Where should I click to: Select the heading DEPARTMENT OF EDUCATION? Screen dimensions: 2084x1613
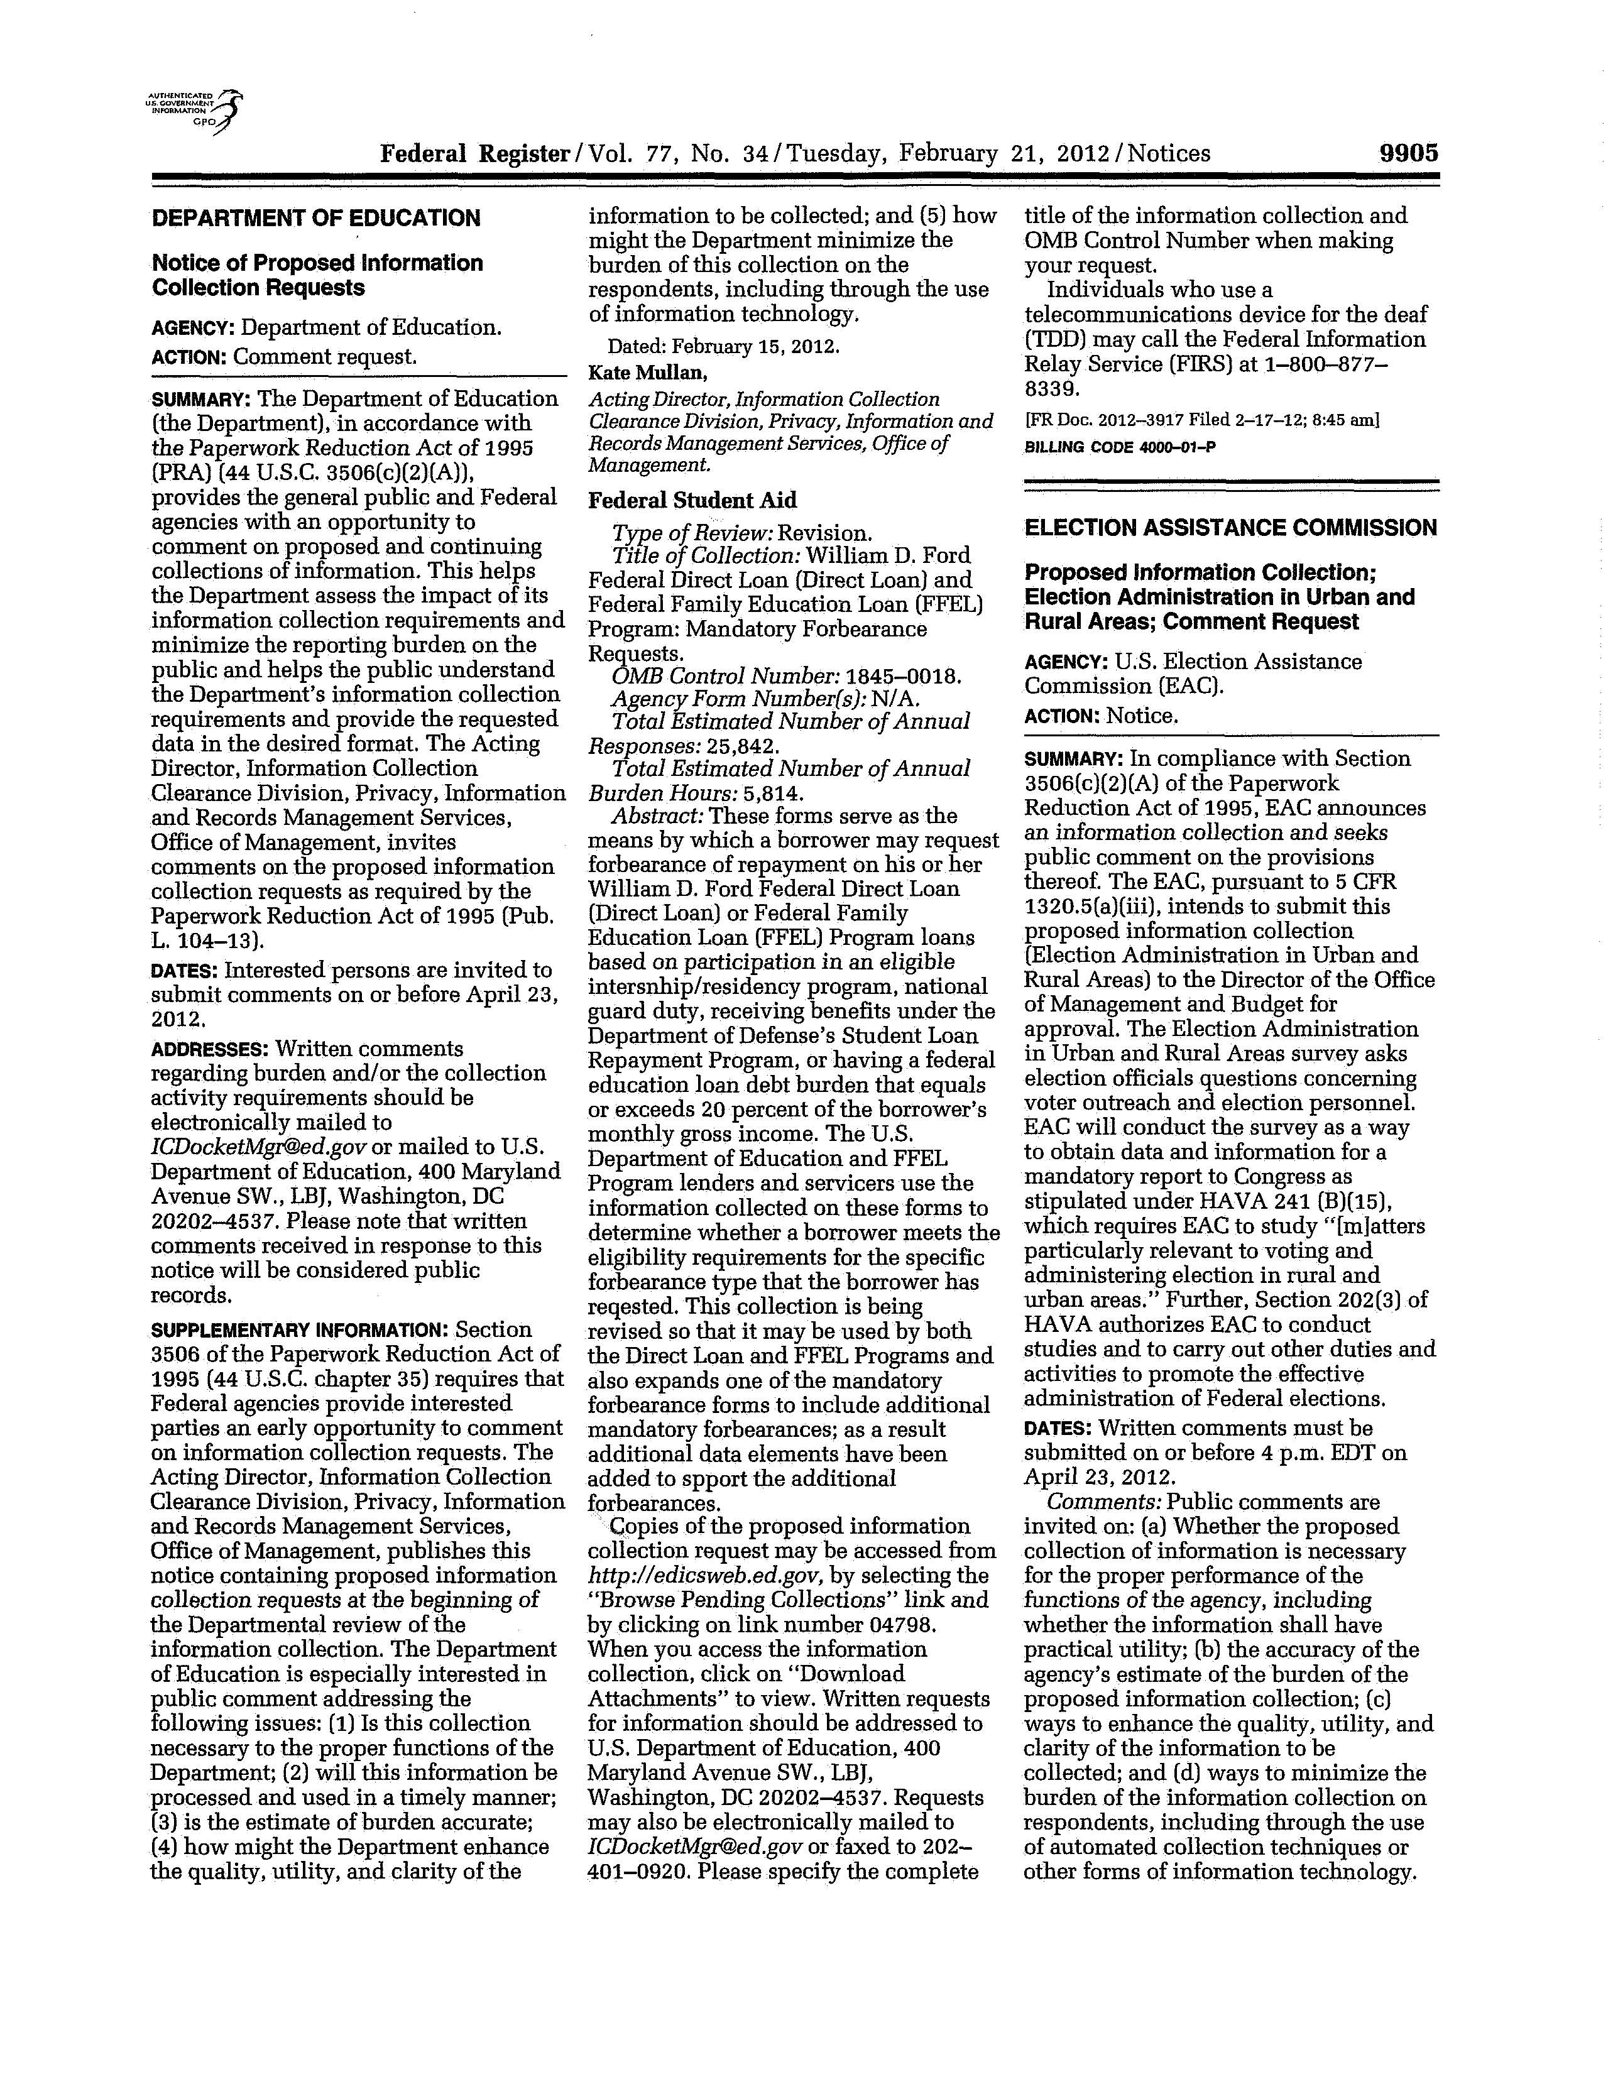[316, 219]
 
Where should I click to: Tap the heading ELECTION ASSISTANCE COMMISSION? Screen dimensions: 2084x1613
[1230, 528]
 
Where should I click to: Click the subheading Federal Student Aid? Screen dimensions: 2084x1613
[692, 501]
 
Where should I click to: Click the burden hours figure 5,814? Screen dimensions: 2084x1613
[773, 793]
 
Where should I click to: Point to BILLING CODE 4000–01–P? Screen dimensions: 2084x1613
[1120, 447]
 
